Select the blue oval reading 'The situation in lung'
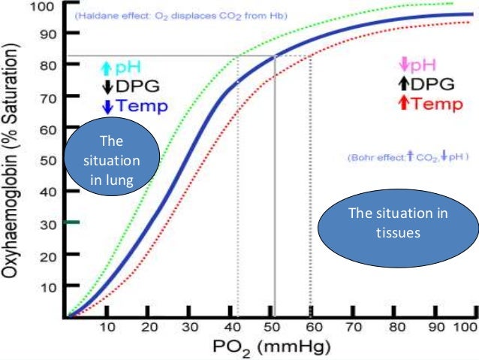[110, 160]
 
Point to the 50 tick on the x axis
[273, 328]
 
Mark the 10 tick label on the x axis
[108, 328]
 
